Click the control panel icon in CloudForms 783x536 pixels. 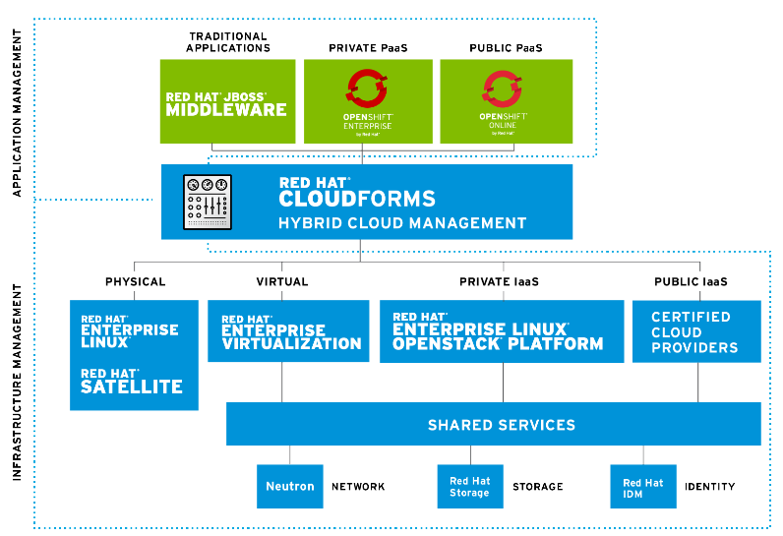[208, 201]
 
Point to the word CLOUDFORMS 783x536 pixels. [357, 198]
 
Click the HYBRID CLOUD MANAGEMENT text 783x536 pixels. [402, 223]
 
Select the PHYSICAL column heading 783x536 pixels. [136, 282]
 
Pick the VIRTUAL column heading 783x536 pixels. [282, 282]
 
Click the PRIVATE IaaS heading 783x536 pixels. [499, 282]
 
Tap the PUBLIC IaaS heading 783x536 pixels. [691, 282]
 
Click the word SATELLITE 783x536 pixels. [132, 387]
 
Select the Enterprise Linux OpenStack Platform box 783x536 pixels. [502, 331]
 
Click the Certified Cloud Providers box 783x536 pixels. [695, 332]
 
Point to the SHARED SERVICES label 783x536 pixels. [501, 426]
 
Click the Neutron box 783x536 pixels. [290, 486]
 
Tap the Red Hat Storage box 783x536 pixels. [470, 486]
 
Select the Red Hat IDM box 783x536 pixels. [643, 487]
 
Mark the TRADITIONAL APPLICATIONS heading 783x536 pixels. [229, 41]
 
